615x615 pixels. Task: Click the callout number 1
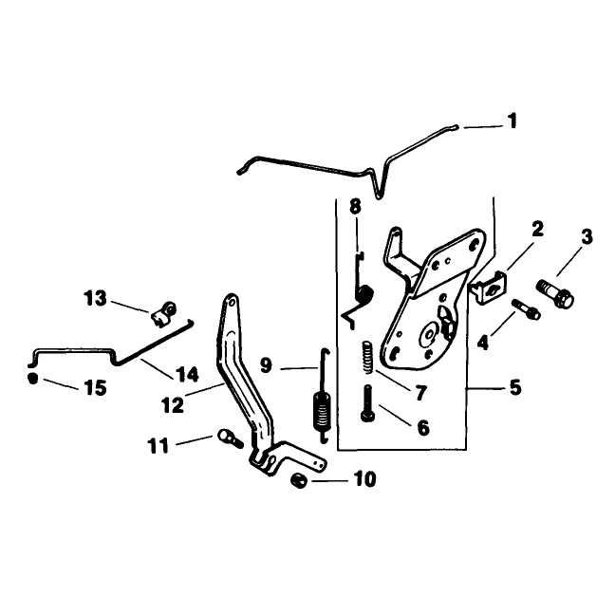pos(512,121)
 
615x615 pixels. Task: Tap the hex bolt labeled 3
pos(554,293)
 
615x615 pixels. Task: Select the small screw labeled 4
pos(526,308)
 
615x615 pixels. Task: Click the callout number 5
pos(515,387)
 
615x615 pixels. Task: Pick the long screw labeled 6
pos(367,403)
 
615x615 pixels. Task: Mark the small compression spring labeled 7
pos(366,357)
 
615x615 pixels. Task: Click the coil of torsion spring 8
pos(364,294)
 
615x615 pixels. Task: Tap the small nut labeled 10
pos(299,480)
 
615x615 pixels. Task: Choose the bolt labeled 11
pos(230,438)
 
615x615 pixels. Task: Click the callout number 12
pos(172,405)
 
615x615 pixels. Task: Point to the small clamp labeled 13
pos(163,313)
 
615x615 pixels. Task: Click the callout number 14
pos(188,374)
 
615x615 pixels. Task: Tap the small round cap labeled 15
pos(33,379)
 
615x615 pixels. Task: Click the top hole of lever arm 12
pos(232,302)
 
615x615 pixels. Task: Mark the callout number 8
pos(355,206)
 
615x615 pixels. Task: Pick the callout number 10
pos(364,479)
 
